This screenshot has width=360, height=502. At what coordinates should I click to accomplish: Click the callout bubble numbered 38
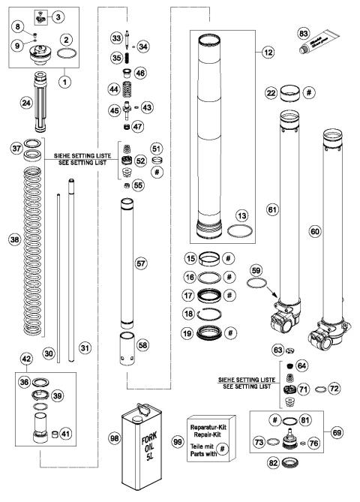point(12,240)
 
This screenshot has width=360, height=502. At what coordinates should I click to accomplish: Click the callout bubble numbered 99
point(178,445)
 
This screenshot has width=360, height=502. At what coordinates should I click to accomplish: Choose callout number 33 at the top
point(136,37)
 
